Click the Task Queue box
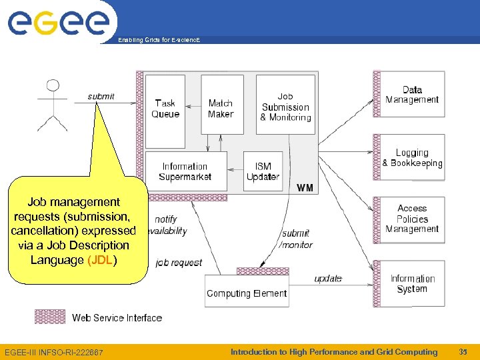point(165,110)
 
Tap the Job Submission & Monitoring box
point(285,107)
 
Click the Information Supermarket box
point(185,171)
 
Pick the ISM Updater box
point(263,171)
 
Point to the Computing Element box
point(247,293)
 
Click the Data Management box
point(412,95)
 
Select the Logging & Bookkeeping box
point(412,158)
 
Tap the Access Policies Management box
point(412,219)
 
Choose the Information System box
point(412,283)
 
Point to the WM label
point(305,188)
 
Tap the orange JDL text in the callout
point(100,260)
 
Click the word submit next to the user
point(101,97)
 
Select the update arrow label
point(328,278)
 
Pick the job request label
point(179,263)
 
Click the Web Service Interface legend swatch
point(50,317)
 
